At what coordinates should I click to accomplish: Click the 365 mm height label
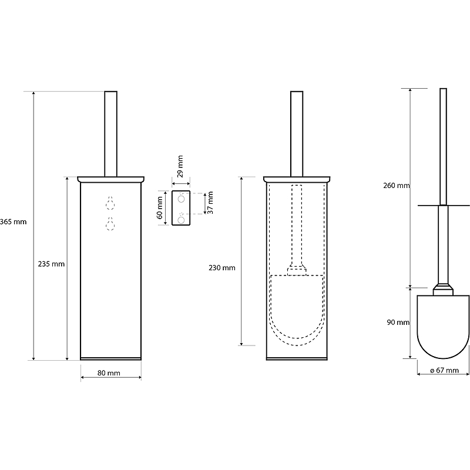click(13, 222)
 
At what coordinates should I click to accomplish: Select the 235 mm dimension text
click(51, 264)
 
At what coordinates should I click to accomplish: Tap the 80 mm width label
click(109, 373)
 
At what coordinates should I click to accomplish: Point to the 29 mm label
click(180, 166)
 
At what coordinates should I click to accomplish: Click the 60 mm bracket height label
click(160, 208)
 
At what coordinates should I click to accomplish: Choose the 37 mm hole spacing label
click(210, 203)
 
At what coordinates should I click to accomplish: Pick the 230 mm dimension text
click(222, 268)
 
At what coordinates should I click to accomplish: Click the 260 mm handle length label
click(396, 186)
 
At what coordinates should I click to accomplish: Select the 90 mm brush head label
click(398, 322)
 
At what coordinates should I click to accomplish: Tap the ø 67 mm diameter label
click(445, 370)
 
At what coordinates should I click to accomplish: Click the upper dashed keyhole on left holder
click(110, 203)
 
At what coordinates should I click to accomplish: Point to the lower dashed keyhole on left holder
click(110, 224)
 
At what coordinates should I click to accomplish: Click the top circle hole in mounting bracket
click(181, 199)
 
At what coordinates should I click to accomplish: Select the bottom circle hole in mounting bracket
click(181, 220)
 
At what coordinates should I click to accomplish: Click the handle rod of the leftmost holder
click(111, 134)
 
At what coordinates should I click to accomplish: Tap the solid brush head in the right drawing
click(443, 327)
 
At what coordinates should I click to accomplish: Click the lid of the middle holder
click(297, 179)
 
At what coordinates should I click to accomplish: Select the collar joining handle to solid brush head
click(443, 289)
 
